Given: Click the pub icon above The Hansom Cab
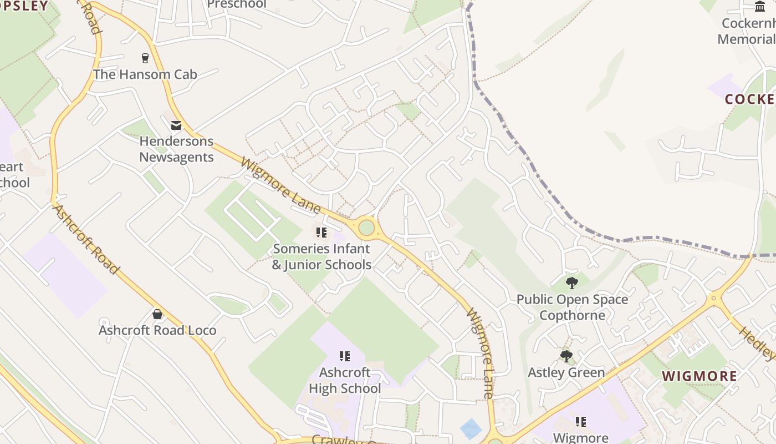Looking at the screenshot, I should coord(145,58).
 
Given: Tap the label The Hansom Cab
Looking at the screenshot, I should coord(145,74).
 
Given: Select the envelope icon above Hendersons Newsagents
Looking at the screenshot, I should coord(176,125).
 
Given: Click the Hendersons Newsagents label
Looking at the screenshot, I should coord(176,149).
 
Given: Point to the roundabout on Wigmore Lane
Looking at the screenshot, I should coord(366,228).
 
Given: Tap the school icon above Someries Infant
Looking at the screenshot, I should coord(321,233).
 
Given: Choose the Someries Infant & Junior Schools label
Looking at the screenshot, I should coord(321,257).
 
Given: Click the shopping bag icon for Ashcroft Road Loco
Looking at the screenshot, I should coord(157,315).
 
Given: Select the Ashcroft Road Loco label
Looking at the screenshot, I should coord(157,331).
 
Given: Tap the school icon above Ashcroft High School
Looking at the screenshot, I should coord(345,356).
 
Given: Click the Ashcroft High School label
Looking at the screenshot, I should coord(345,380).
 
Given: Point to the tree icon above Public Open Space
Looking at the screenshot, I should coord(572,284).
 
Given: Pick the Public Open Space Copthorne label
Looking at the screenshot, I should coord(572,307).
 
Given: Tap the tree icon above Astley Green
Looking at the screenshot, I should coord(566,356).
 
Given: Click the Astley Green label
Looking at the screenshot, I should coord(566,372).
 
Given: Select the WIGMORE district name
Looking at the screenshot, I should coord(700,376).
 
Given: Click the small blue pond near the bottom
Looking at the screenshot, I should coord(471,428).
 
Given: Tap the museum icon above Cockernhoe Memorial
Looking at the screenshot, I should coord(760,7).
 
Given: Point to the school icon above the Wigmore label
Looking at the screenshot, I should coord(581,422).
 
